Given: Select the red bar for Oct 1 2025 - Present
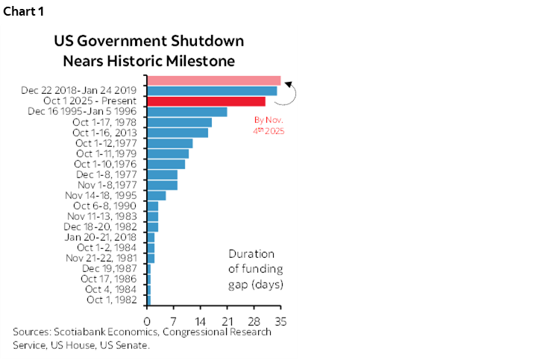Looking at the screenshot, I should point(206,101).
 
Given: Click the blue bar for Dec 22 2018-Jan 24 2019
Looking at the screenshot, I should point(212,91).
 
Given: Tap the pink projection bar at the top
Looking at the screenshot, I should point(213,80).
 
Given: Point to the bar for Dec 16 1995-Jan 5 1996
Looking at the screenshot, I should point(186,112).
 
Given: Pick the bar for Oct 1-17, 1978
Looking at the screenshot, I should point(179,122).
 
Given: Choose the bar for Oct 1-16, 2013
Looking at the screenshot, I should point(177,133).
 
